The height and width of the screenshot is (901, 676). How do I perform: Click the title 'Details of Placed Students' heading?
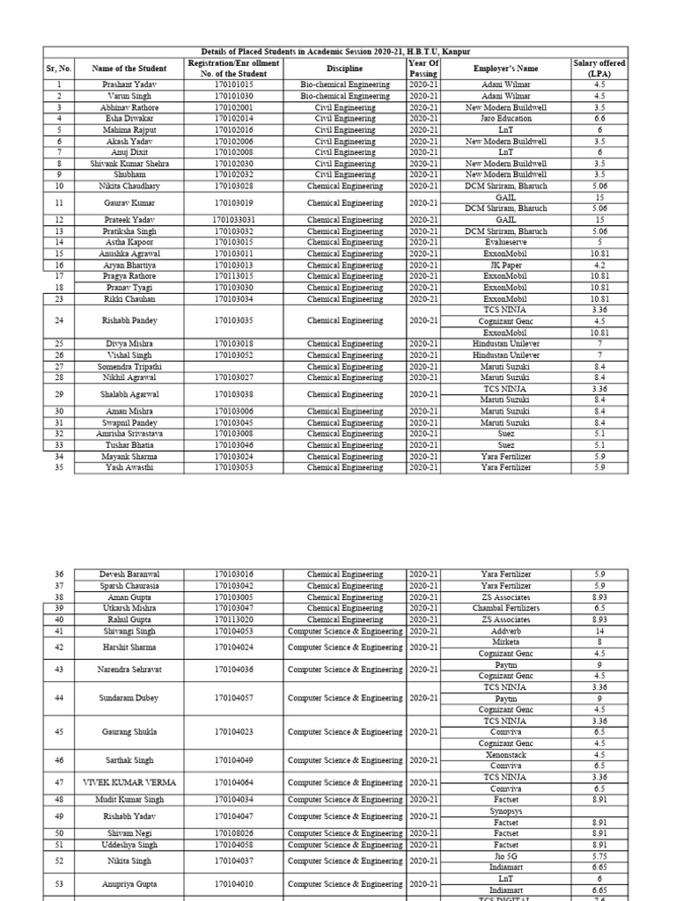pyautogui.click(x=335, y=53)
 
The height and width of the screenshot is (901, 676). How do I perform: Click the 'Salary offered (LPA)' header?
pyautogui.click(x=599, y=69)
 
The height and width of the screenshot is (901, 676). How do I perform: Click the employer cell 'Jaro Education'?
pyautogui.click(x=505, y=118)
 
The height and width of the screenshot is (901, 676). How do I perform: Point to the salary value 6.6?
pyautogui.click(x=599, y=118)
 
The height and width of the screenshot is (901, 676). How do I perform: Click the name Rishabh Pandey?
pyautogui.click(x=125, y=321)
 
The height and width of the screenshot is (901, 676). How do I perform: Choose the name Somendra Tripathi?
pyautogui.click(x=125, y=366)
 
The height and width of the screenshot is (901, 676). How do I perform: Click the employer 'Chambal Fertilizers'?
pyautogui.click(x=505, y=608)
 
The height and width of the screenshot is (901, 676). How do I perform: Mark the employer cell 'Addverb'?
pyautogui.click(x=505, y=631)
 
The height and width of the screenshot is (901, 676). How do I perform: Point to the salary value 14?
pyautogui.click(x=599, y=631)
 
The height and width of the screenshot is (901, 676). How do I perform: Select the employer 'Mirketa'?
pyautogui.click(x=505, y=642)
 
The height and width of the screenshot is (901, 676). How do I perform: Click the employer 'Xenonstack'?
pyautogui.click(x=505, y=755)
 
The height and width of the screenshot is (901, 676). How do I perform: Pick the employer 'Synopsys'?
pyautogui.click(x=505, y=811)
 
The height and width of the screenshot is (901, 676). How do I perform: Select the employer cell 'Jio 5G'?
pyautogui.click(x=505, y=855)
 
